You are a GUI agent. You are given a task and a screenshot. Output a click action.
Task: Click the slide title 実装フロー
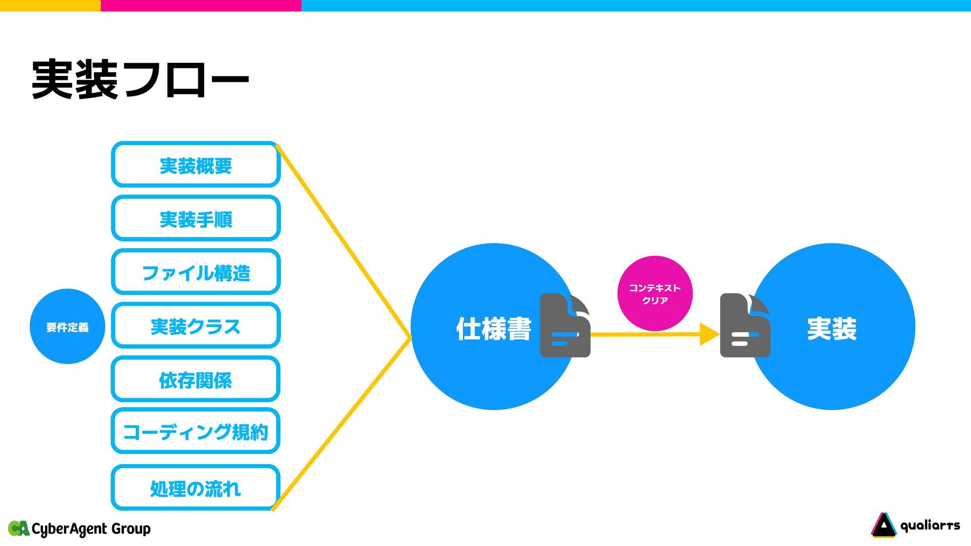click(140, 79)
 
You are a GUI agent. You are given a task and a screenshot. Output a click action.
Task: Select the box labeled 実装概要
click(196, 165)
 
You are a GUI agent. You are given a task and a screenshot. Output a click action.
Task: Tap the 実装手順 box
click(196, 218)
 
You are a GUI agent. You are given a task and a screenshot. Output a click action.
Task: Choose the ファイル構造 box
click(196, 272)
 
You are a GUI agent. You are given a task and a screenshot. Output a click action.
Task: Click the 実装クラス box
click(196, 326)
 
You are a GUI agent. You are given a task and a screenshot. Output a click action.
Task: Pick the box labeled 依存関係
click(196, 379)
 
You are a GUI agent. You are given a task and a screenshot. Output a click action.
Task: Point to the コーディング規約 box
click(196, 431)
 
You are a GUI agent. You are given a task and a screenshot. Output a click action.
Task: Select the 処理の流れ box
click(196, 488)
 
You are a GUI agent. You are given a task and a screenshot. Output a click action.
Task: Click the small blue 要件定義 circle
click(67, 327)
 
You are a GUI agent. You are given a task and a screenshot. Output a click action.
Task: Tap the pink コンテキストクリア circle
click(655, 294)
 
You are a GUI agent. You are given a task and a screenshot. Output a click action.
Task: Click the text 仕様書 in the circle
click(494, 329)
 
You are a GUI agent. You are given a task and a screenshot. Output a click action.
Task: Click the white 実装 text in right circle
click(832, 329)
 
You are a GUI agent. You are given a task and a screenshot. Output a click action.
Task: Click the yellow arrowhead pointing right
click(709, 334)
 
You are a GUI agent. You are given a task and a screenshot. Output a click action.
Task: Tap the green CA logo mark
click(19, 528)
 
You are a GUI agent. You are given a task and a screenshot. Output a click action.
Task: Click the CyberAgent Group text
click(91, 529)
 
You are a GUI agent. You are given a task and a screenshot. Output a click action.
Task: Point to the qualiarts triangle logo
click(884, 525)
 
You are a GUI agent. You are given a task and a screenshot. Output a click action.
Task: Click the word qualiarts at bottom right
click(930, 526)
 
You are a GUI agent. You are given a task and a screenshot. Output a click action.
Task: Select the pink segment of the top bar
click(201, 6)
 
